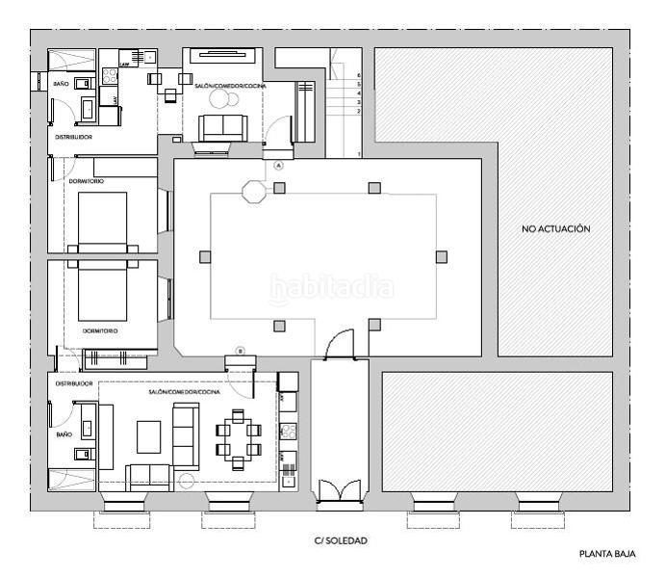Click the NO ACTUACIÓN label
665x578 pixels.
tap(555, 229)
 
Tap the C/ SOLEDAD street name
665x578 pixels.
tap(341, 541)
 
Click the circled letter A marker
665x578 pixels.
tap(279, 166)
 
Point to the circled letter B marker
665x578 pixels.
tap(241, 351)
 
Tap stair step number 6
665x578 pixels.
tap(359, 74)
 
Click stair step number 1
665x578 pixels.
tap(359, 154)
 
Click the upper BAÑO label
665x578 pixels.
tap(61, 85)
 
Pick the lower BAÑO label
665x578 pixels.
tap(64, 435)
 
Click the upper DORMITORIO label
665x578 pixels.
tap(87, 181)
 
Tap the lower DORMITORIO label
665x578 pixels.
tap(100, 331)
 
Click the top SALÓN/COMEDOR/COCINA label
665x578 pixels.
tap(230, 87)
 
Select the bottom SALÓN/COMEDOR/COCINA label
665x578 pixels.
tap(185, 394)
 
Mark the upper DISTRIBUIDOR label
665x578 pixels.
tap(73, 138)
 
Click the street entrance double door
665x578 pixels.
tap(339, 488)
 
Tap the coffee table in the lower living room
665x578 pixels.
tap(150, 436)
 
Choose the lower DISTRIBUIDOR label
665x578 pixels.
tap(73, 383)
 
